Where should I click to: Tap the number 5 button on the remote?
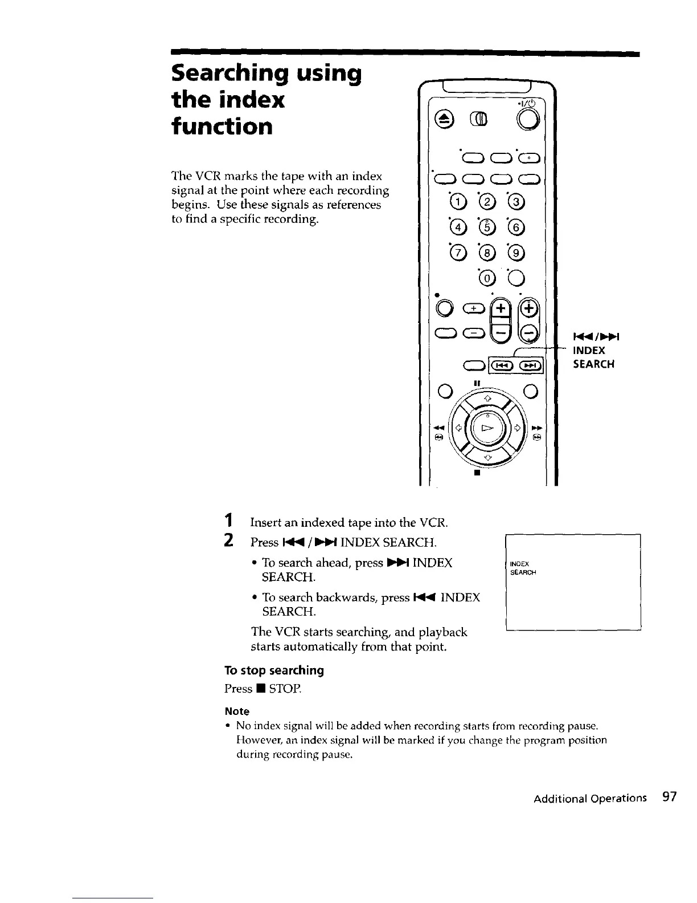(486, 228)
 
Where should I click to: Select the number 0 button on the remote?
(486, 278)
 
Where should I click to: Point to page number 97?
(669, 797)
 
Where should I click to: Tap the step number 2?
(228, 540)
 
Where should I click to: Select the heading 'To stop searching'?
(274, 670)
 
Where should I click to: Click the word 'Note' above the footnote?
(237, 711)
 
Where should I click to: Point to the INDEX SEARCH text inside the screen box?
(522, 568)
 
